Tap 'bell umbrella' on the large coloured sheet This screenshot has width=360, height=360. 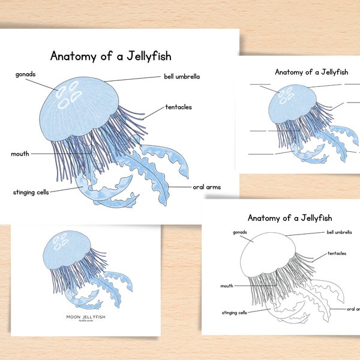(x=182, y=77)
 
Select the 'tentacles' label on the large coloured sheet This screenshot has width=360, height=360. (x=179, y=107)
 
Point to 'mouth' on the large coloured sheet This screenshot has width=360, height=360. (x=20, y=154)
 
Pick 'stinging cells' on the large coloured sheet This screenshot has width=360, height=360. (x=31, y=192)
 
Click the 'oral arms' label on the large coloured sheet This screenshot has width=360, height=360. (x=206, y=187)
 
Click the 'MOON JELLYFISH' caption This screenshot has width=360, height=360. (x=85, y=316)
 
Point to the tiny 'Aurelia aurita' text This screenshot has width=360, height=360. (x=85, y=322)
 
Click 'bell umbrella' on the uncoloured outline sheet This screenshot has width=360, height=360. (x=339, y=231)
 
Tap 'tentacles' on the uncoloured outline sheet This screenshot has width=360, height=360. (x=337, y=254)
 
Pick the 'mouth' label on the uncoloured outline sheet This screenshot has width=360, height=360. (x=227, y=286)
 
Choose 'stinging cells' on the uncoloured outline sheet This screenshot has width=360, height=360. (x=234, y=313)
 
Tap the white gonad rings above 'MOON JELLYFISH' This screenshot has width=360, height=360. (x=61, y=242)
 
